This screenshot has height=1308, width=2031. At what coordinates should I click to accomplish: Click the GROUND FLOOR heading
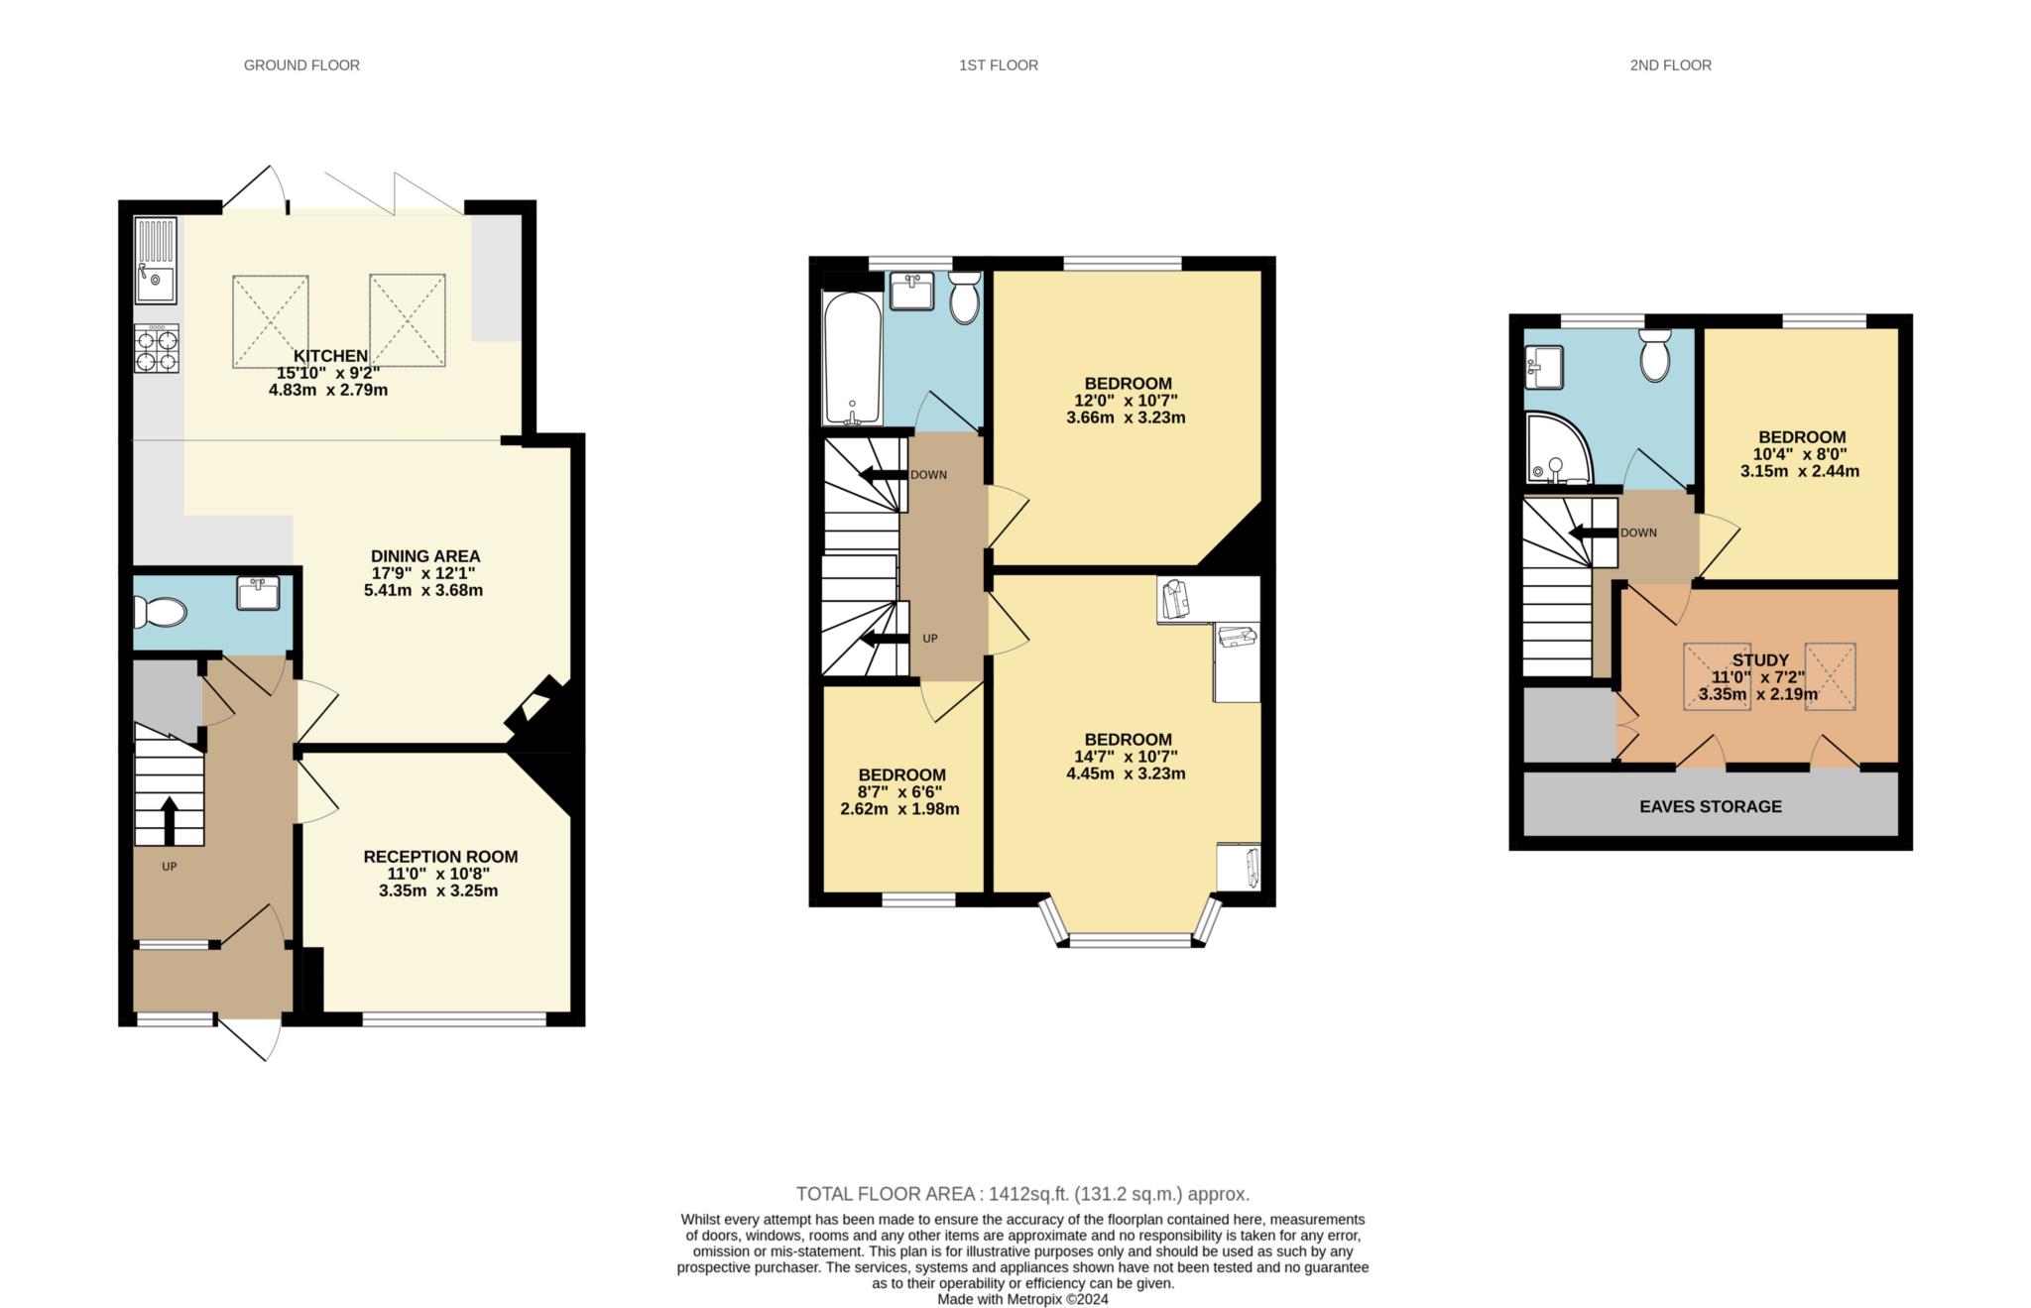pos(301,65)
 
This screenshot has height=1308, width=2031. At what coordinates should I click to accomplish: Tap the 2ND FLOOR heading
pos(1670,65)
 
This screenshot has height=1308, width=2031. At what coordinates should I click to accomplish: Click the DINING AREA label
pos(425,556)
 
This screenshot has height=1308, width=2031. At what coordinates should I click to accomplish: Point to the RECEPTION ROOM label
pos(440,857)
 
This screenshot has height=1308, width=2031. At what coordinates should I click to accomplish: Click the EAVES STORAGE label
pos(1711,806)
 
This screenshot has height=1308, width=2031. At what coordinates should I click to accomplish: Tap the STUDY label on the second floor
pos(1760,659)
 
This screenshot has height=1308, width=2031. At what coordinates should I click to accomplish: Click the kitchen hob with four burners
pos(157,348)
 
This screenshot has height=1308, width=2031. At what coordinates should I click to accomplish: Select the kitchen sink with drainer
pos(156,261)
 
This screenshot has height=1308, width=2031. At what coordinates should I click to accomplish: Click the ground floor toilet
pos(160,612)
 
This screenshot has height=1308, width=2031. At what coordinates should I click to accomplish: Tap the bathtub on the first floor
pos(852,358)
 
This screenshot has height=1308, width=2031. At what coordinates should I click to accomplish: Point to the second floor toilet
pos(1655,356)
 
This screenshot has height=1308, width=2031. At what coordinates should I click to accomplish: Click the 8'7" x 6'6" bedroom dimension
pos(900,792)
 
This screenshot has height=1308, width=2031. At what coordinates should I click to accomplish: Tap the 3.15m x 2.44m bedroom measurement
pos(1800,472)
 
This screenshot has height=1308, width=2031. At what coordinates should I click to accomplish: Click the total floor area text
pos(1022,1194)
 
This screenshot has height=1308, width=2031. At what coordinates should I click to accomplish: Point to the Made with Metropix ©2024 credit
pos(1022,1299)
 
